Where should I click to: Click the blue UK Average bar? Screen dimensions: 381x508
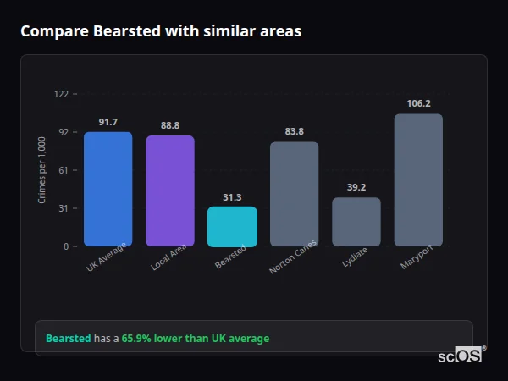108,189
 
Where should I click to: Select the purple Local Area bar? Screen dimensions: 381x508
169,190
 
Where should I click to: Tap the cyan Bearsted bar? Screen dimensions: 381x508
232,226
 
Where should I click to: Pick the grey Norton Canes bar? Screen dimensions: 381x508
294,194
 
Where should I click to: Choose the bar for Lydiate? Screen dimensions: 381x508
356,222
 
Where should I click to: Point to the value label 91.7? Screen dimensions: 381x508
108,122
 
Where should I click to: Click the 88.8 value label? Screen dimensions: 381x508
169,125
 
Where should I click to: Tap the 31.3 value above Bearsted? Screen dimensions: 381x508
232,197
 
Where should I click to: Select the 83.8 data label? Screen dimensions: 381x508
294,131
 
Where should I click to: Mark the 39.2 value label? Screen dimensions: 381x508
356,187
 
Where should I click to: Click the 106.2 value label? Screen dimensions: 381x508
418,103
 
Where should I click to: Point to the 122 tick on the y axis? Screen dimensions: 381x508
61,94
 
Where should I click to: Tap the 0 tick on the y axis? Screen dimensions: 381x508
65,246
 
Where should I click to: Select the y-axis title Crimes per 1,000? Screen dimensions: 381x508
42,170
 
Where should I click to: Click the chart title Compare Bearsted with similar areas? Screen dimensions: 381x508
161,31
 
